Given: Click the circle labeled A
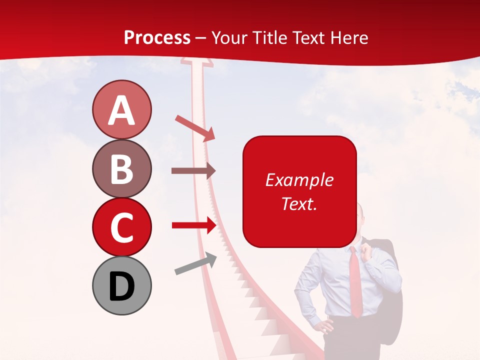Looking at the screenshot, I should click(x=121, y=109).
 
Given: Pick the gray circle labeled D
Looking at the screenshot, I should click(x=121, y=285).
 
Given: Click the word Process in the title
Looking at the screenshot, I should click(x=157, y=37).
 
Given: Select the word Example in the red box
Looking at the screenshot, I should click(x=299, y=180).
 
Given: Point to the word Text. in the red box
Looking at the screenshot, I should click(x=299, y=203).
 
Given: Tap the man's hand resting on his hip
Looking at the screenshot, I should click(x=326, y=326).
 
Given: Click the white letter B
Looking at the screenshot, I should click(x=121, y=169).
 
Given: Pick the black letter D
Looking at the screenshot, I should click(x=121, y=286).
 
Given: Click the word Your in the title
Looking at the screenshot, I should click(x=228, y=38).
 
